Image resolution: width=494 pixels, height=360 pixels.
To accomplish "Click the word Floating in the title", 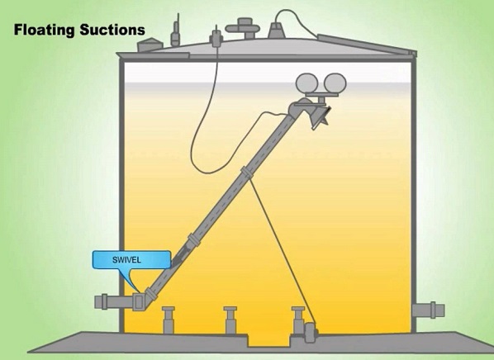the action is pos(44,31).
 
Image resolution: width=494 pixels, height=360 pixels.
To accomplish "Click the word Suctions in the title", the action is pos(112,30).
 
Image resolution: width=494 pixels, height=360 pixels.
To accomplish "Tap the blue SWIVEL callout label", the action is pos(131,260).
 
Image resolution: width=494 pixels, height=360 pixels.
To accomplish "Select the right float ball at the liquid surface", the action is pos(335,83).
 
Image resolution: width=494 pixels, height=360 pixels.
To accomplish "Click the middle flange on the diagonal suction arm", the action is pos(247,173).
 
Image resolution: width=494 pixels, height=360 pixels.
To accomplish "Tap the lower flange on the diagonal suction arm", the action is pos(193,239).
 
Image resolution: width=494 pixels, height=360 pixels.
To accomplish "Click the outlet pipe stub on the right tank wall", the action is pos(429,310).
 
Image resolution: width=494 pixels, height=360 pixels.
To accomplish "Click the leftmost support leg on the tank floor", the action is pos(169,320).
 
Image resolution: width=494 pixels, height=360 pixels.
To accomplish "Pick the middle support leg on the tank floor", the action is pos(230,320).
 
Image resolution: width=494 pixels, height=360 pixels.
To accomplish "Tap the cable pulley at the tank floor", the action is pos(311,332).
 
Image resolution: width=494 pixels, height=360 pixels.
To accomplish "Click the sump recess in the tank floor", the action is pos(268,341).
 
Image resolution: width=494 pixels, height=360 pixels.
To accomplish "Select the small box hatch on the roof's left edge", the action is pos(150,45).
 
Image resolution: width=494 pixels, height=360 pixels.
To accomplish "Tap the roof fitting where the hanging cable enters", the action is pos(216,39).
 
